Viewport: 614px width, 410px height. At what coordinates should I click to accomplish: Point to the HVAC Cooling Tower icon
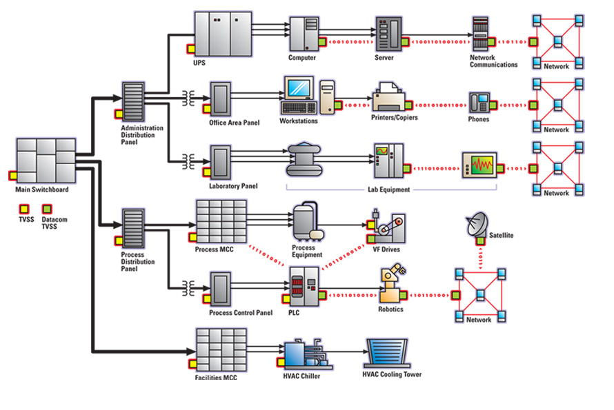pos(392,353)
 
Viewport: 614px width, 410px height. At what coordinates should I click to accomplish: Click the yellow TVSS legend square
pos(24,208)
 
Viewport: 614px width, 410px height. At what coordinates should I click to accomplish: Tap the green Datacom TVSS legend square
pos(47,208)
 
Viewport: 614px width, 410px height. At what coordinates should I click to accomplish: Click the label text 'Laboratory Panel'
pos(232,186)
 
